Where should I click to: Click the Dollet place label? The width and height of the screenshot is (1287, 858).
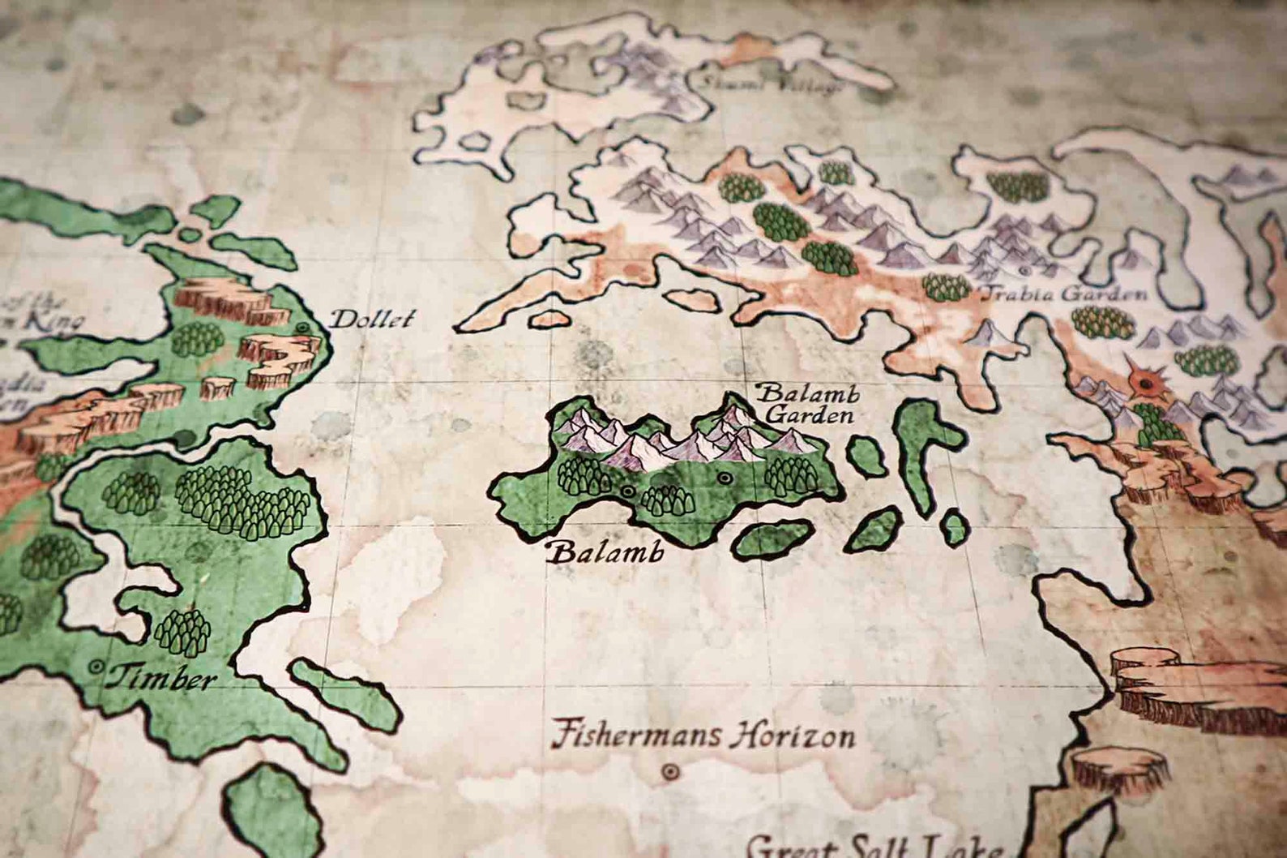click(372, 319)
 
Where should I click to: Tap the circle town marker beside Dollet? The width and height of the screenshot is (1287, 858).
click(303, 328)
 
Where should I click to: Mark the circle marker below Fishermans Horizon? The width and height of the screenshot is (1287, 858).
click(670, 771)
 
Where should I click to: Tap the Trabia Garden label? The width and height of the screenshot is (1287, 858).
click(1064, 293)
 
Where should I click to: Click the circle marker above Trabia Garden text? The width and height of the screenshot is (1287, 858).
click(1024, 270)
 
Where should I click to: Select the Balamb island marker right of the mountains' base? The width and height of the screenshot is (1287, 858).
click(724, 478)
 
